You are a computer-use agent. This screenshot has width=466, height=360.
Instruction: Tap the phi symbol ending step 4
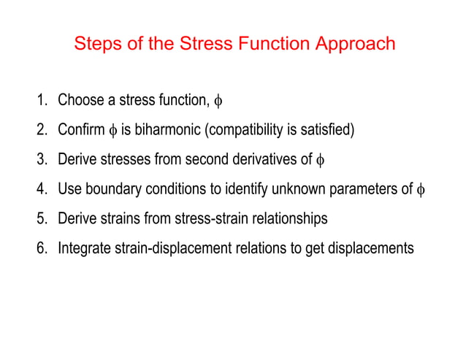click(419, 190)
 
